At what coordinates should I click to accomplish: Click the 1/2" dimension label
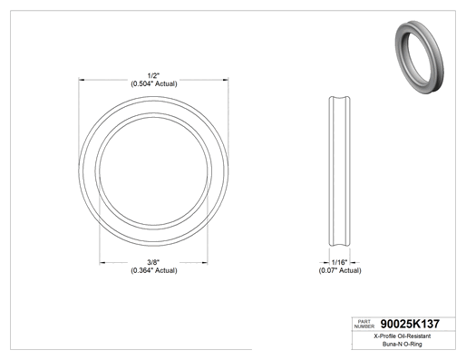click(x=153, y=75)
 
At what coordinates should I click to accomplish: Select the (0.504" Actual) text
click(x=154, y=83)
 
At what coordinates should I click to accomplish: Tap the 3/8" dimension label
click(x=153, y=262)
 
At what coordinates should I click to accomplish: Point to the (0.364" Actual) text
click(x=154, y=270)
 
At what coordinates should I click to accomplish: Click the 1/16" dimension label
click(x=339, y=262)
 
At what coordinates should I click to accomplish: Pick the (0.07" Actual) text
click(x=340, y=270)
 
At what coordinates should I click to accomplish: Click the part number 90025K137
click(x=410, y=324)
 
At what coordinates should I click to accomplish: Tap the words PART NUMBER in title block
click(x=364, y=324)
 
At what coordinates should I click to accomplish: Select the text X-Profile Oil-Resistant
click(x=403, y=336)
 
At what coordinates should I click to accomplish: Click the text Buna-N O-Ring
click(x=403, y=344)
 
